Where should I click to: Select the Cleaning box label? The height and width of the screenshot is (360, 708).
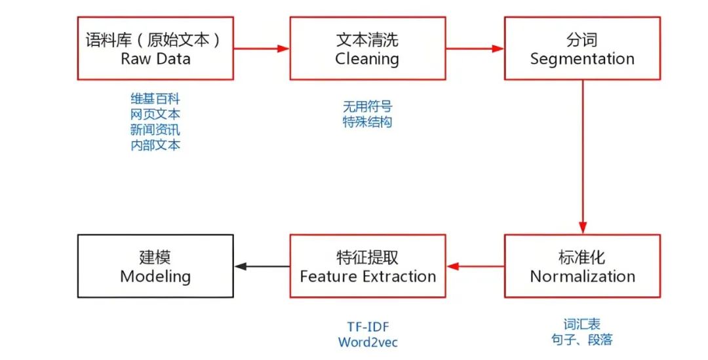tap(367, 58)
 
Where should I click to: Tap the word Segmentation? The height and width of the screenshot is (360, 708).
tap(582, 58)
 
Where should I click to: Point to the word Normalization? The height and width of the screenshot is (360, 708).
tap(582, 276)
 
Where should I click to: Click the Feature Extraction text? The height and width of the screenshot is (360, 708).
tap(368, 276)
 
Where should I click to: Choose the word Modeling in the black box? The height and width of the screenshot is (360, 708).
tap(155, 276)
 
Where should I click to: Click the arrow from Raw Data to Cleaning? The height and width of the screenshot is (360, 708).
tap(262, 49)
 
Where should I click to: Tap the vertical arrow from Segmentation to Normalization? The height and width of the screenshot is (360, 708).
tap(583, 157)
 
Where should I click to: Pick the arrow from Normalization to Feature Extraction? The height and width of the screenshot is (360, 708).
tap(475, 266)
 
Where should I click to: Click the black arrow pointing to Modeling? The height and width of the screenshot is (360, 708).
tap(262, 266)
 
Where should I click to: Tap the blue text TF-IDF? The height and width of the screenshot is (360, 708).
tap(368, 327)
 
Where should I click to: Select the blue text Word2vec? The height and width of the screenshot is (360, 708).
tap(368, 342)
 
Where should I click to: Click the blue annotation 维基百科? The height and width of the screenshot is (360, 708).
tap(155, 98)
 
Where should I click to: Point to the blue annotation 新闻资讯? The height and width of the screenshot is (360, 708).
tap(155, 129)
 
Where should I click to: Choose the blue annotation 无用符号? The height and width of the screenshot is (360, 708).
tap(367, 106)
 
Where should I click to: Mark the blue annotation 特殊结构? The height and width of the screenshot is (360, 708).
tap(367, 122)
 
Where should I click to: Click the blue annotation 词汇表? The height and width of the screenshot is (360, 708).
tap(582, 324)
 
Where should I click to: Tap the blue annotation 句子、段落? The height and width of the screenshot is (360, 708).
tap(582, 340)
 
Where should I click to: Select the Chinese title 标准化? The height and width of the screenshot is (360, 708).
tap(582, 257)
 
